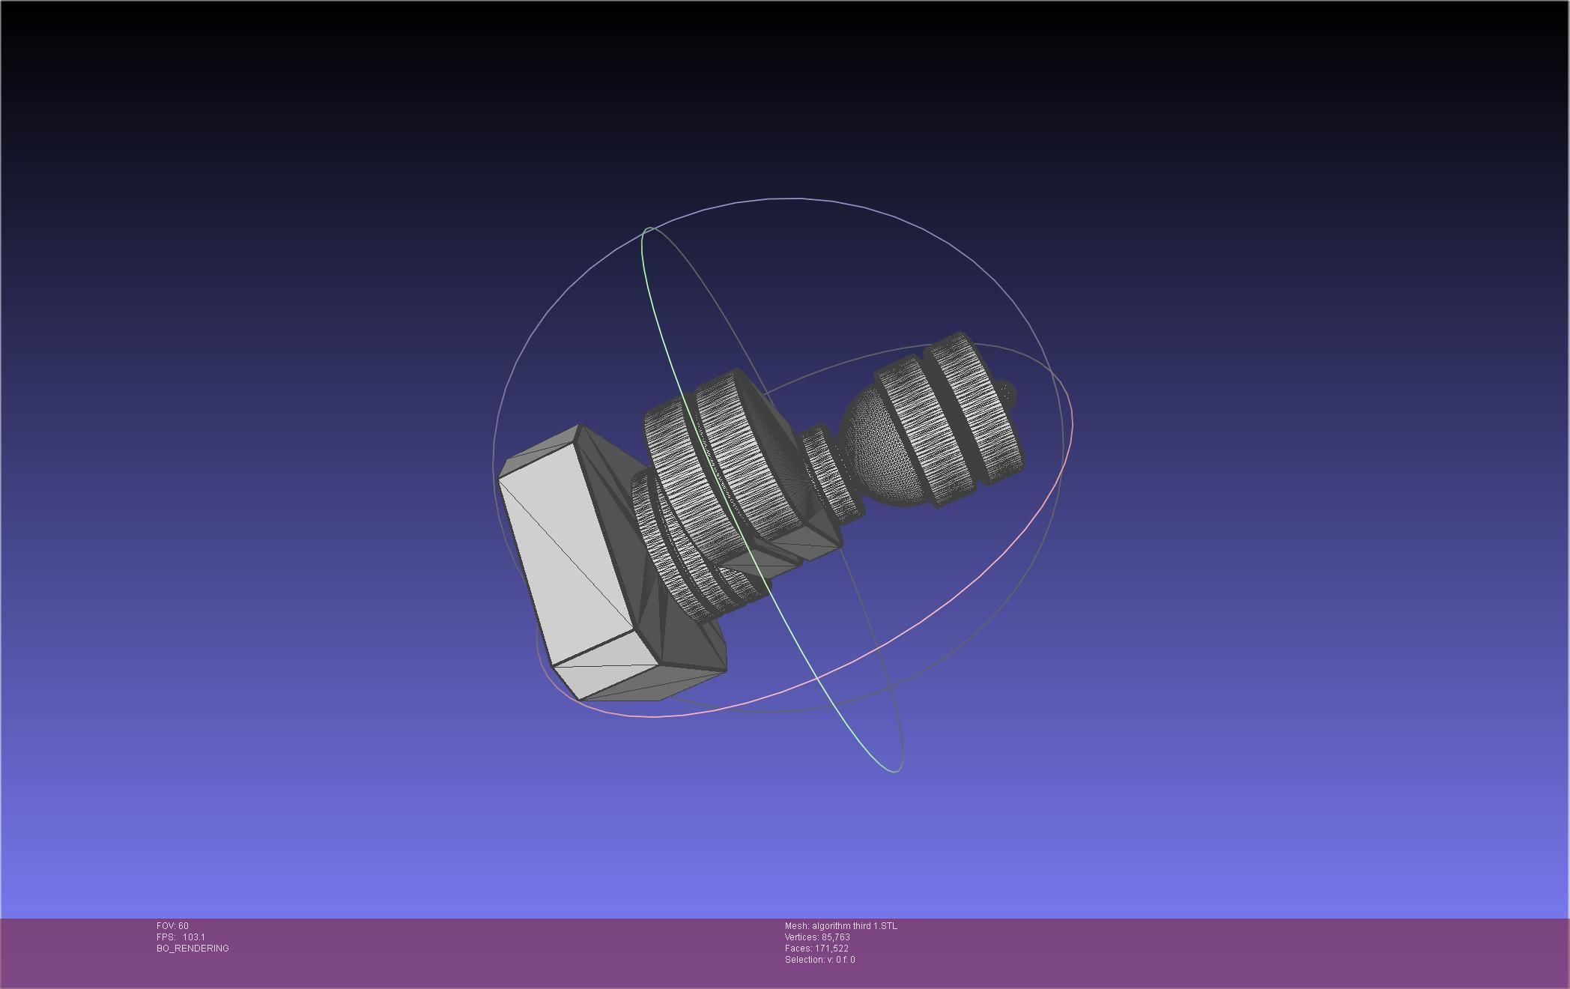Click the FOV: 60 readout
click(x=172, y=926)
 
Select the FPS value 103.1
click(x=193, y=937)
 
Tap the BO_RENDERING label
click(x=193, y=949)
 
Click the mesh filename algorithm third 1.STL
click(x=854, y=926)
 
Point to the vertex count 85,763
click(x=835, y=937)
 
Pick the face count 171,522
click(x=831, y=949)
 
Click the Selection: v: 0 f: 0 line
click(x=819, y=960)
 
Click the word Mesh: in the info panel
click(x=797, y=926)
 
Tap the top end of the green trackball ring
click(x=649, y=228)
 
